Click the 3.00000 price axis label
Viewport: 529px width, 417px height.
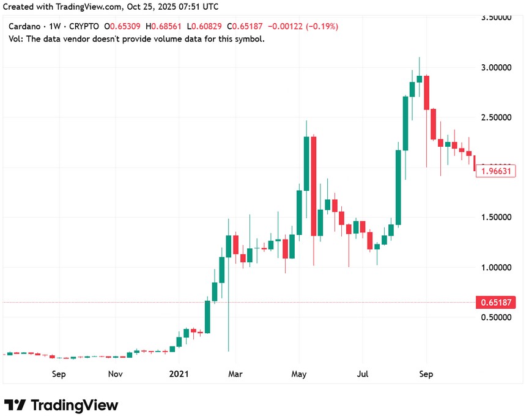pos(496,67)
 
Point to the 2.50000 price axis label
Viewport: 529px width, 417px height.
pos(496,117)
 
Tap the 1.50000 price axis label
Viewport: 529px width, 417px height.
pos(496,217)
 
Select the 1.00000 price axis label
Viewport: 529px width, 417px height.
pos(496,267)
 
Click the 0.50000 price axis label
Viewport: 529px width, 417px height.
pos(496,317)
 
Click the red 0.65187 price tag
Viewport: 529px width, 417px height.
pos(496,302)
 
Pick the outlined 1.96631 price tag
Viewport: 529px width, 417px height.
pos(496,171)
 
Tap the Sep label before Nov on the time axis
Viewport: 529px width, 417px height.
pos(59,374)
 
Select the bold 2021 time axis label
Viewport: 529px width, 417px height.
pos(179,374)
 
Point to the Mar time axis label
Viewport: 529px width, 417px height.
pos(235,374)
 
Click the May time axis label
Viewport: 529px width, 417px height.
pos(298,374)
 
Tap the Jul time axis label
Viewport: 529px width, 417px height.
pos(363,374)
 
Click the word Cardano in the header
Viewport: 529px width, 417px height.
pos(24,27)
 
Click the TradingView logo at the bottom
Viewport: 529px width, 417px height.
pos(61,405)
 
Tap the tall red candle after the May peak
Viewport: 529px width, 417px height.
pos(314,186)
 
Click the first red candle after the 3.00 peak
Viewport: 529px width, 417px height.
pos(426,92)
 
